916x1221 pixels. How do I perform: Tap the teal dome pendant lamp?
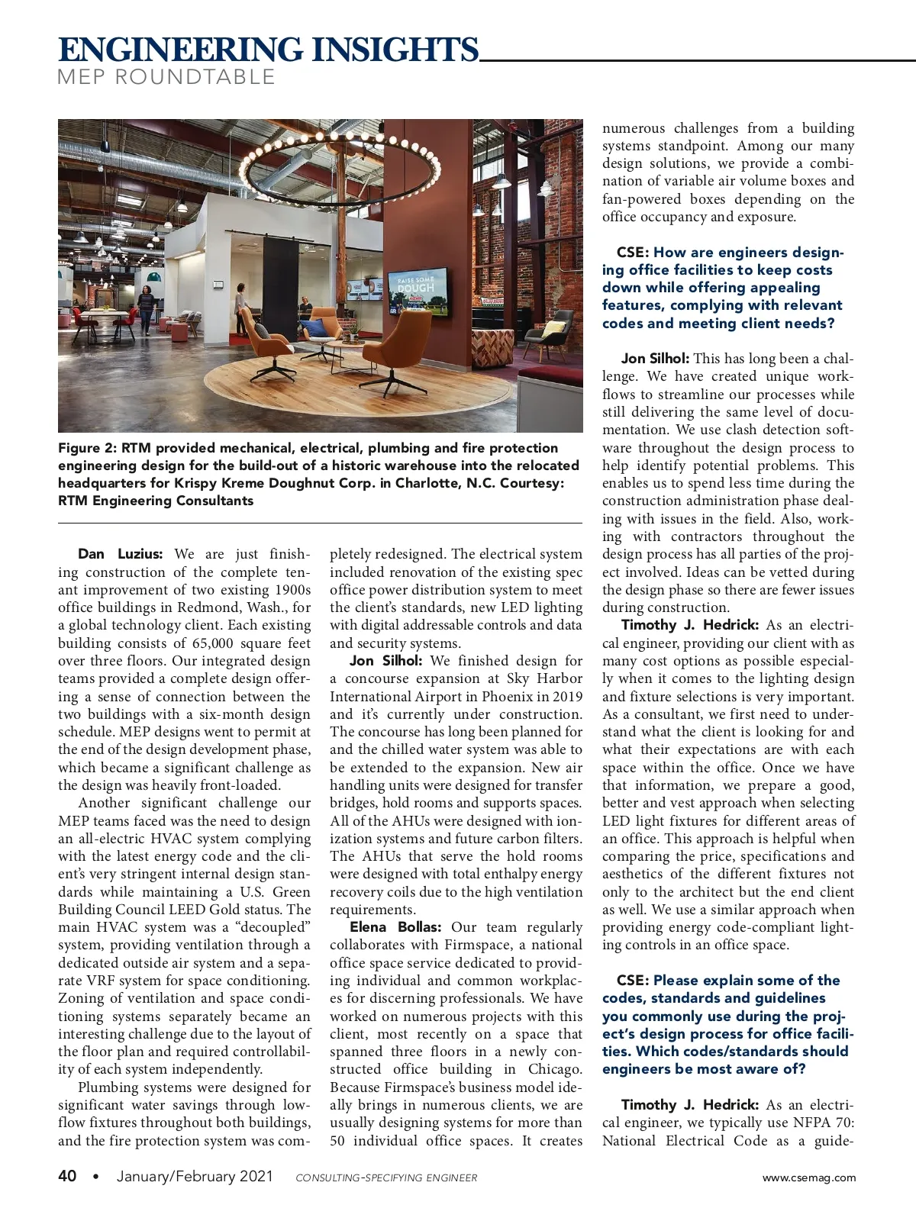pyautogui.click(x=154, y=275)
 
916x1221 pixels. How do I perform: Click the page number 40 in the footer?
pyautogui.click(x=67, y=1176)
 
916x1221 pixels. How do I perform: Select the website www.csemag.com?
pyautogui.click(x=809, y=1178)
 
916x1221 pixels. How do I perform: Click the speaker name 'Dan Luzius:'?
pyautogui.click(x=121, y=554)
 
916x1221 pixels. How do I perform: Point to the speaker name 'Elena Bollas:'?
pyautogui.click(x=395, y=927)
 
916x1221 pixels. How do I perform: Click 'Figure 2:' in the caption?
pyautogui.click(x=88, y=448)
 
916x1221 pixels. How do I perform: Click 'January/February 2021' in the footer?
pyautogui.click(x=195, y=1176)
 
